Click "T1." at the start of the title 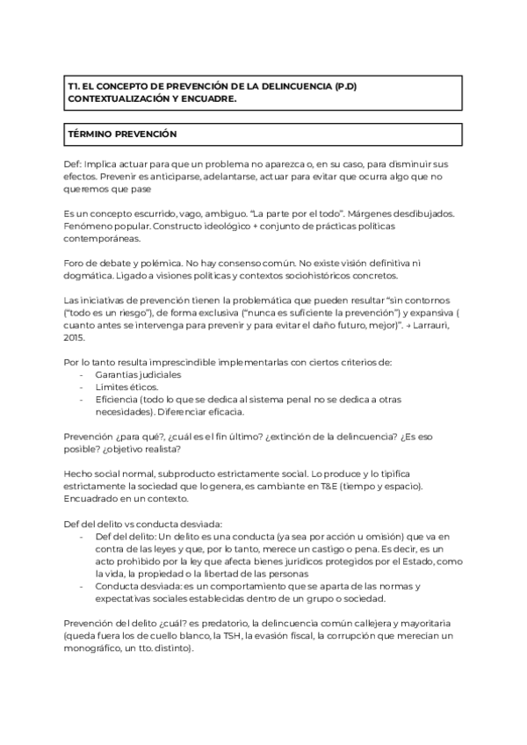[x=75, y=87]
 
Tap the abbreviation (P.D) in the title [x=342, y=87]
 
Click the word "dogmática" [x=94, y=277]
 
